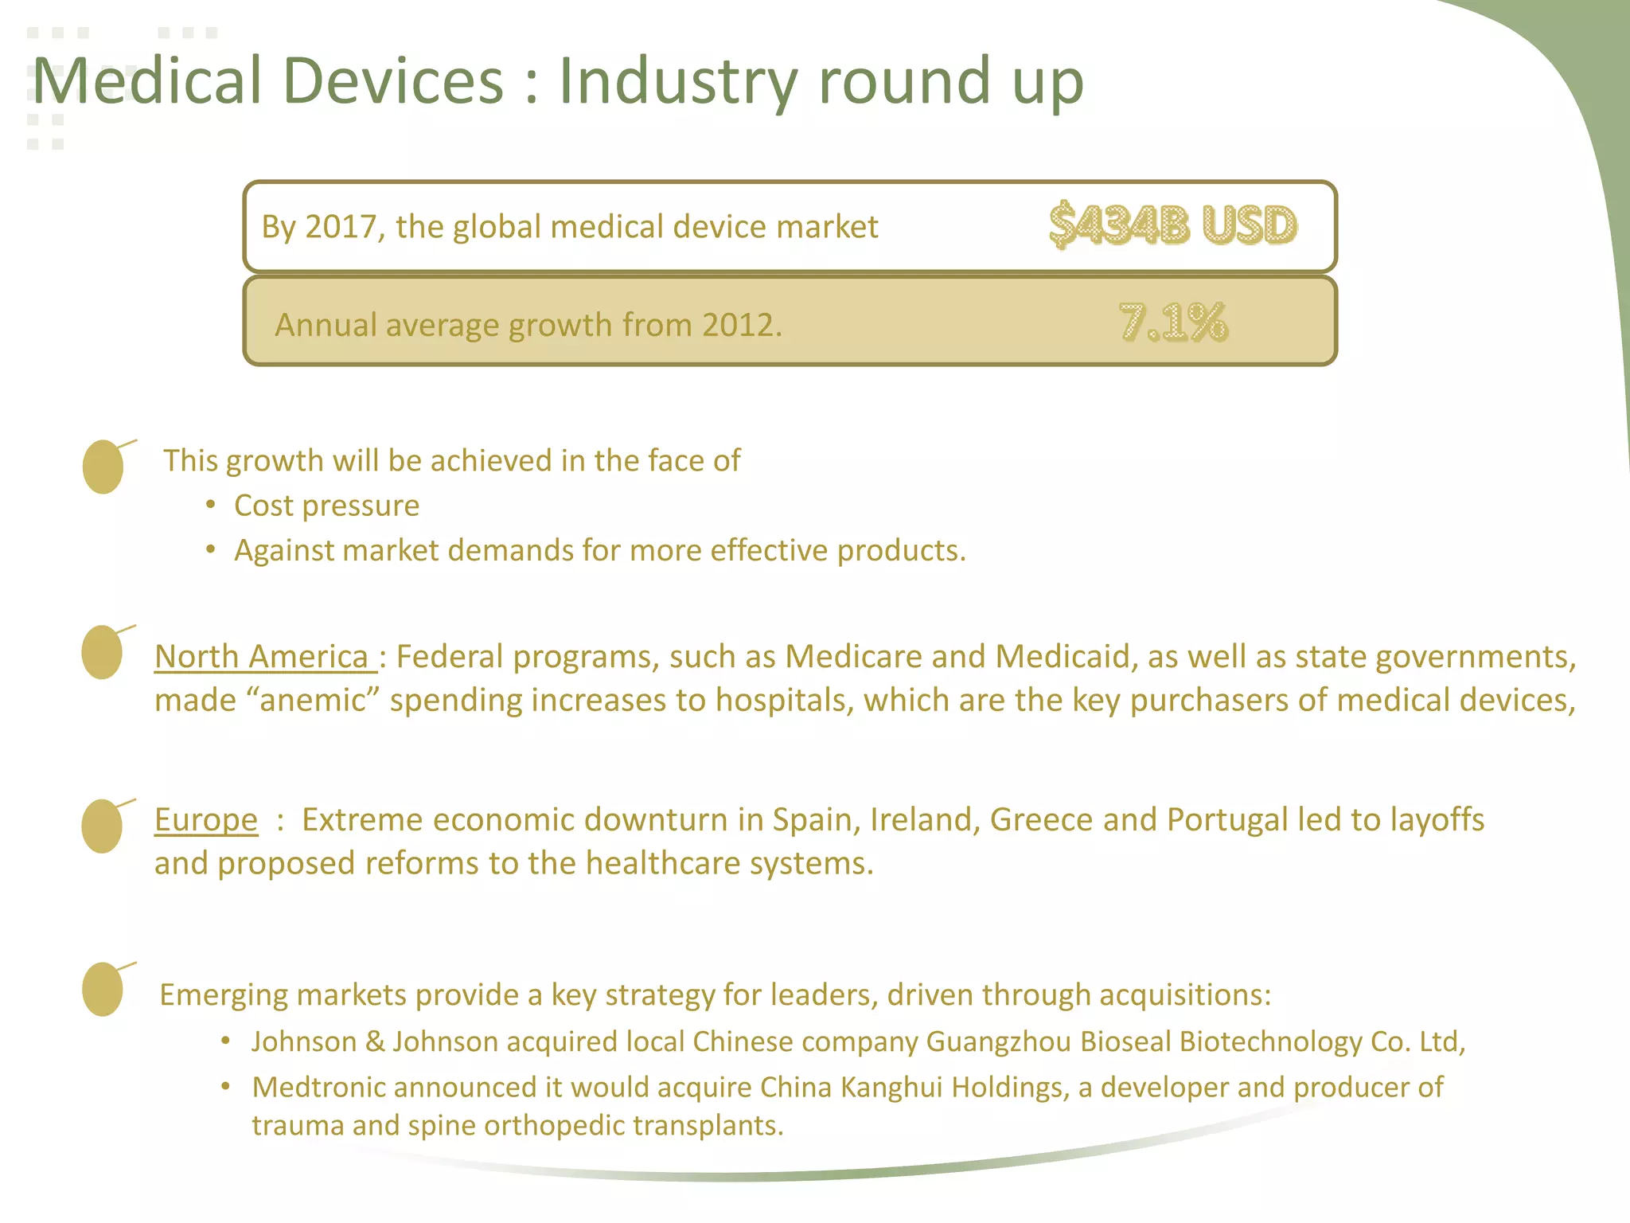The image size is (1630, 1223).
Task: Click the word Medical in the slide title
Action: pyautogui.click(x=147, y=81)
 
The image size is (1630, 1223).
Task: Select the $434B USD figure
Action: pyautogui.click(x=1173, y=225)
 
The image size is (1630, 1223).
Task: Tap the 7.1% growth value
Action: pyautogui.click(x=1173, y=322)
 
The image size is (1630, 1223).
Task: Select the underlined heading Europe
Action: pyautogui.click(x=205, y=820)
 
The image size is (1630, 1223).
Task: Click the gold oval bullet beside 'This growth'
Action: pyautogui.click(x=103, y=467)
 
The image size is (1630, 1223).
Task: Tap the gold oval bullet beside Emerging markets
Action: pyautogui.click(x=103, y=989)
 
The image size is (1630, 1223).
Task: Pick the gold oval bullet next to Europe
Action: pyautogui.click(x=102, y=826)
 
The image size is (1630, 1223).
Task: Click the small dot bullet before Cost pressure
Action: pyautogui.click(x=210, y=506)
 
